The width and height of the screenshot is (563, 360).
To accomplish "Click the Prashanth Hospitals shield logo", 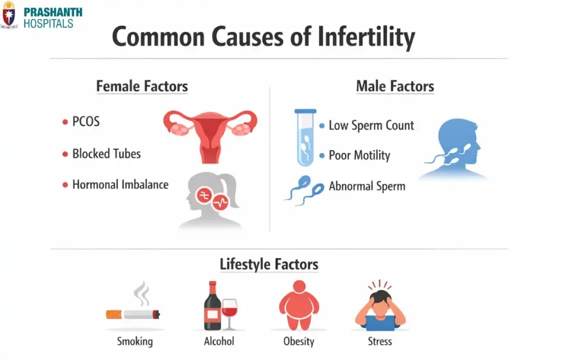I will click(x=9, y=14).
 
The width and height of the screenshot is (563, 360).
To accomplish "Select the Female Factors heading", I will click(x=142, y=86).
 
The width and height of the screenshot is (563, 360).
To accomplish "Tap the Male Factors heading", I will click(x=395, y=86).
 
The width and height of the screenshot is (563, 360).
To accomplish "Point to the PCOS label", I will click(x=86, y=121).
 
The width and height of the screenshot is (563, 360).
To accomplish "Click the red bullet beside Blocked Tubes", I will click(x=65, y=154).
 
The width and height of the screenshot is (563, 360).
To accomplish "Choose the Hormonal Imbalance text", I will click(x=120, y=185).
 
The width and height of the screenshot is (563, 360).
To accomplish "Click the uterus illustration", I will click(x=211, y=132).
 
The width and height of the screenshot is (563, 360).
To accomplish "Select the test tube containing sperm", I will click(x=305, y=137).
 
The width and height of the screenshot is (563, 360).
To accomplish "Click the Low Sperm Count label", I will click(x=371, y=125).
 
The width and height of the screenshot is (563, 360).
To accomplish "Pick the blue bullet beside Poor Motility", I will click(x=322, y=156).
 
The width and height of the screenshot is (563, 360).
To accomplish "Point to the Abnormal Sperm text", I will click(x=367, y=186).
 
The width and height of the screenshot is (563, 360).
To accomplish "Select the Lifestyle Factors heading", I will click(x=269, y=264).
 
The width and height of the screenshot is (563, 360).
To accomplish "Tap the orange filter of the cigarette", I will click(x=114, y=314).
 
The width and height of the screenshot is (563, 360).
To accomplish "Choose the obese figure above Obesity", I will click(x=299, y=305).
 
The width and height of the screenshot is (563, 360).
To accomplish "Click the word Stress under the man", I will click(x=380, y=341).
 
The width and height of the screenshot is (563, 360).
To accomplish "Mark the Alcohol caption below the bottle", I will click(x=219, y=341).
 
